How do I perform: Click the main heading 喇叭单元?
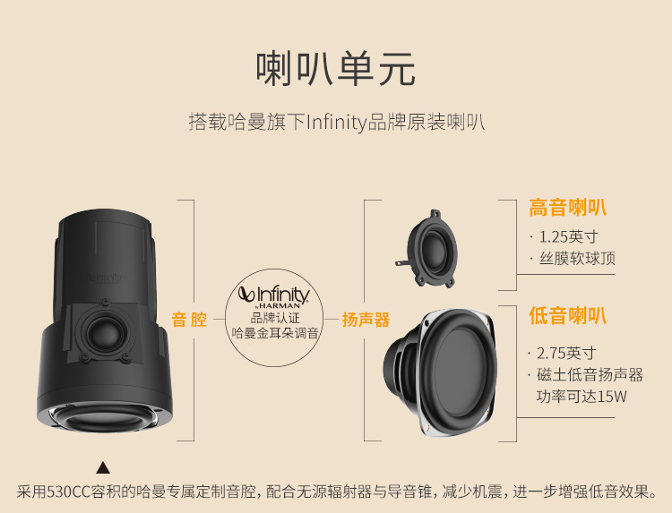pos(336,69)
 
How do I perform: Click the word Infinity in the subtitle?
pos(337,123)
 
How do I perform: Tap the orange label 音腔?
pos(189,320)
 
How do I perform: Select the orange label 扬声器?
pos(366,320)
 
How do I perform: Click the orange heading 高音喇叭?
pos(567,208)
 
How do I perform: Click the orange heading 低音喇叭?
pos(567,316)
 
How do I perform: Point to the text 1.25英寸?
pos(568,236)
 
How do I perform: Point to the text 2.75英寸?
pos(566,353)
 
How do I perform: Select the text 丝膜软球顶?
pos(577,258)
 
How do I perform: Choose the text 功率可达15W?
pos(582,396)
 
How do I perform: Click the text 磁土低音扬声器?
pos(590,375)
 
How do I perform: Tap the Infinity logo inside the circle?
pos(274,297)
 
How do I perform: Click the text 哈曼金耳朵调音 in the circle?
pos(275,333)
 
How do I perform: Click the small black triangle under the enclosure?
pos(103,467)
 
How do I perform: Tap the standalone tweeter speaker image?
pos(425,249)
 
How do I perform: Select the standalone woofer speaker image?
pos(440,373)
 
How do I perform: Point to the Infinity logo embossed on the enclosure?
pos(104,278)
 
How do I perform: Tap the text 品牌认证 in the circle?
pos(275,318)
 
